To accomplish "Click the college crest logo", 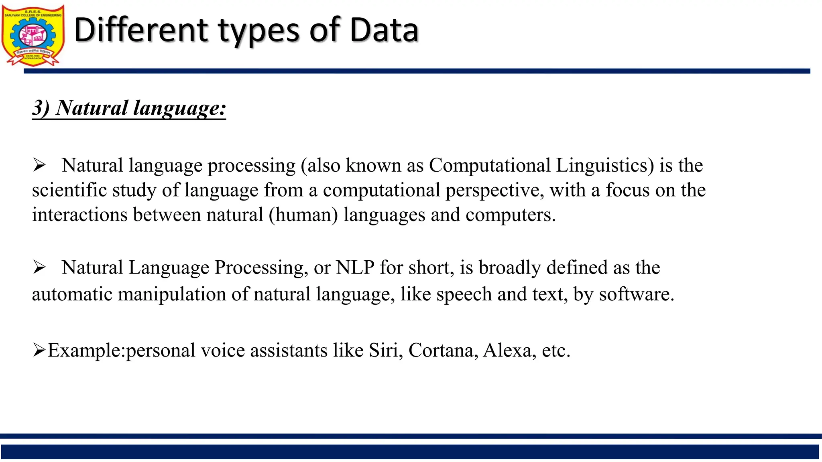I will coord(33,35).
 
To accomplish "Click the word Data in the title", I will coord(384,30).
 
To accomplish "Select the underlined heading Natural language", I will coord(129,108).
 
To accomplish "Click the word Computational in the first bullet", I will coord(490,166).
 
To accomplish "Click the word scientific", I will coord(69,190).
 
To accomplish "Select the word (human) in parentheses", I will coord(303,215).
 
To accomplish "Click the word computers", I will coord(511,215).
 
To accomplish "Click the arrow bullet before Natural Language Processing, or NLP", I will coord(39,267).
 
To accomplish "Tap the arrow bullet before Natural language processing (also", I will coord(39,165).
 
